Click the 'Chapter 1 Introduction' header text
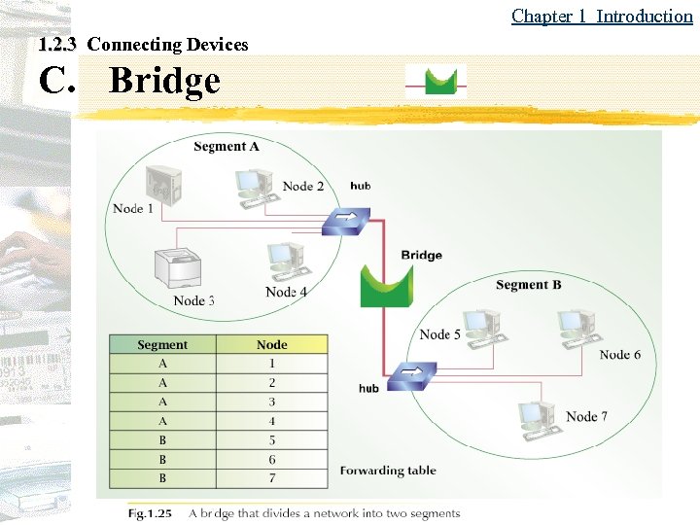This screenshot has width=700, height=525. pyautogui.click(x=602, y=16)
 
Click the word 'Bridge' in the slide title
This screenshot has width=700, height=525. pyautogui.click(x=164, y=81)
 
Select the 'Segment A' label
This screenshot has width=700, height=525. pyautogui.click(x=226, y=147)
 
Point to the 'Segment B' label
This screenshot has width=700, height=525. pyautogui.click(x=528, y=285)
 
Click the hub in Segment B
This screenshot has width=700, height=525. pyautogui.click(x=408, y=375)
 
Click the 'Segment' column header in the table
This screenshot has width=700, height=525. pyautogui.click(x=162, y=345)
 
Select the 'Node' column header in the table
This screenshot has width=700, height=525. pyautogui.click(x=272, y=345)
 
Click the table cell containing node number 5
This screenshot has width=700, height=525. pyautogui.click(x=272, y=440)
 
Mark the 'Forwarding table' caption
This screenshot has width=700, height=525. pyautogui.click(x=388, y=471)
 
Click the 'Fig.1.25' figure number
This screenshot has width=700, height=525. pyautogui.click(x=150, y=512)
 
